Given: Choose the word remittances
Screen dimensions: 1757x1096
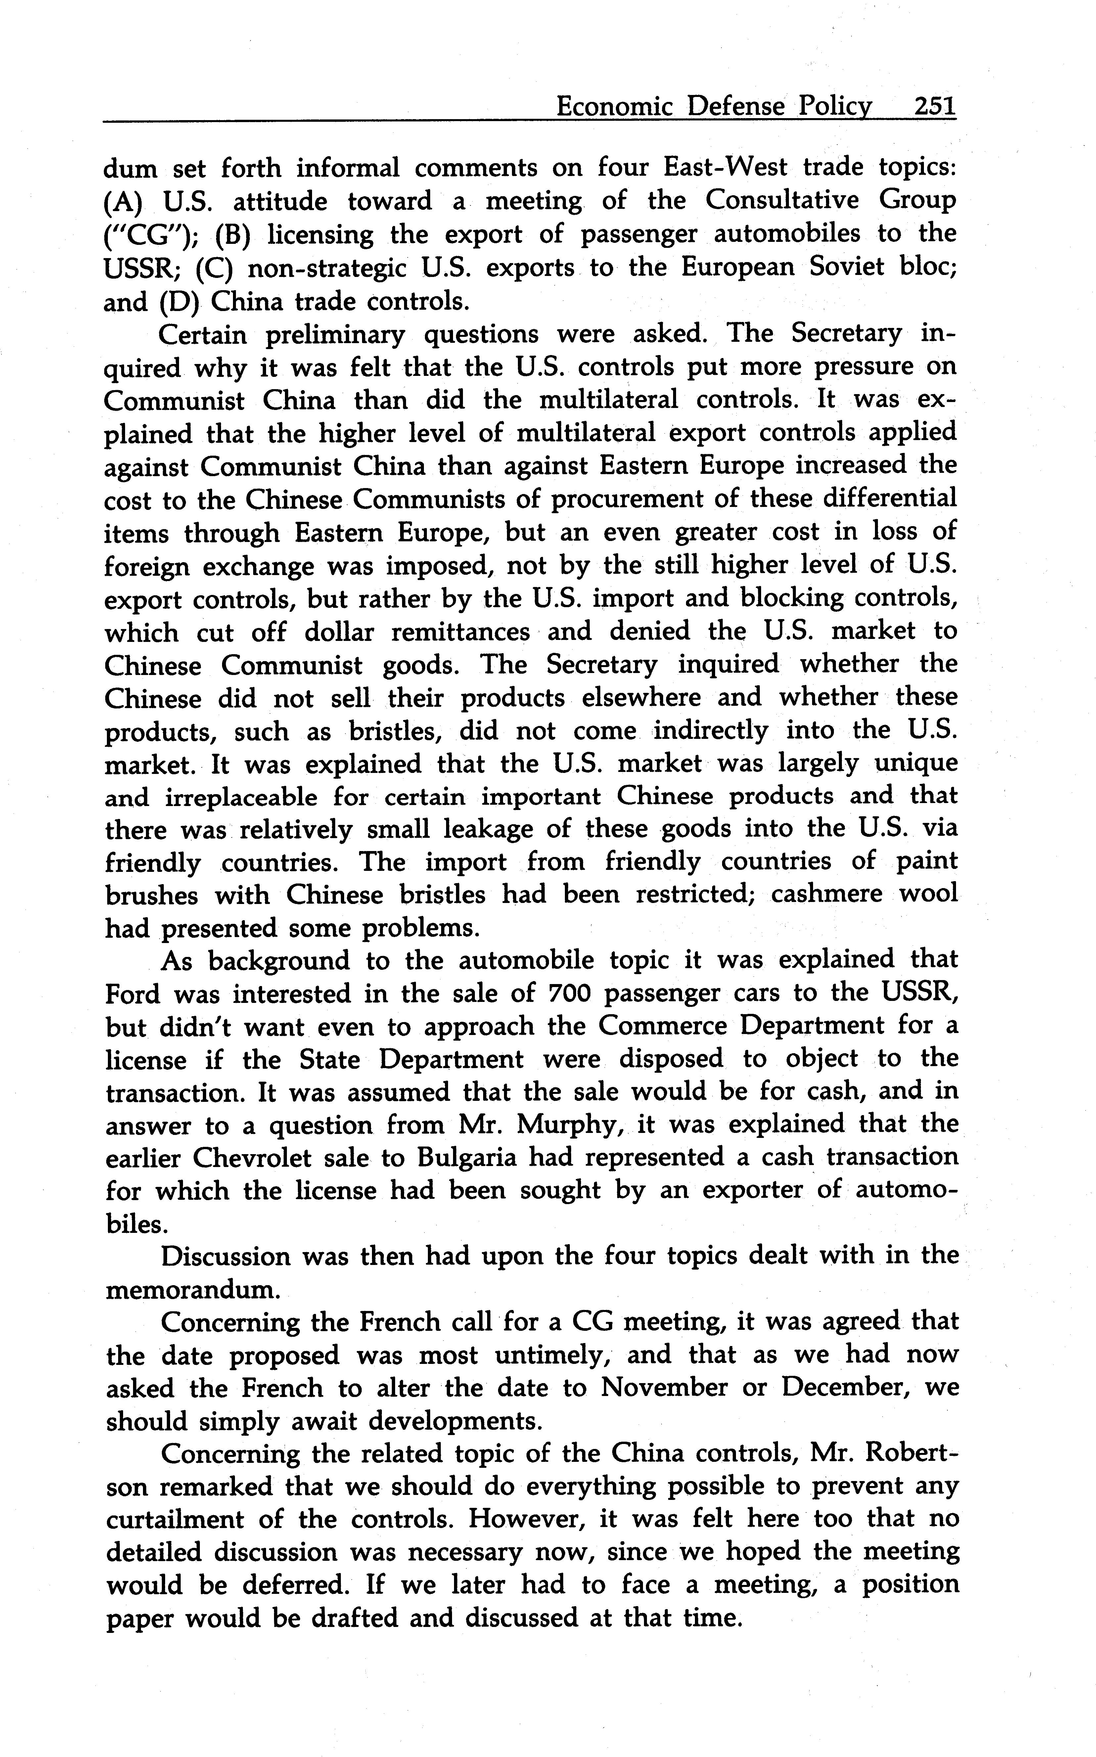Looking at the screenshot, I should [461, 632].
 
